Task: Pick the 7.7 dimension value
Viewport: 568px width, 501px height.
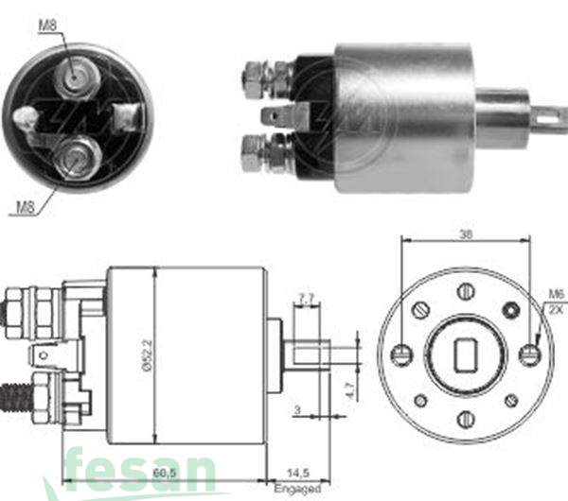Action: click(x=306, y=299)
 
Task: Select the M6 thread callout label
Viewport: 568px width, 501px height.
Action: click(x=556, y=295)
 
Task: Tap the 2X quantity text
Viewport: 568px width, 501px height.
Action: click(x=556, y=308)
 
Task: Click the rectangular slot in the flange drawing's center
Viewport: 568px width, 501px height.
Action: click(x=466, y=355)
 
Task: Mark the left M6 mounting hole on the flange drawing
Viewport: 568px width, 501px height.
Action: click(x=400, y=355)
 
